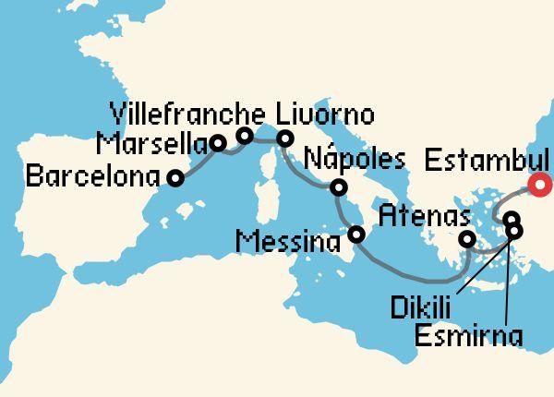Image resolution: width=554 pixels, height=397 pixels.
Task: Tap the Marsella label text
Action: point(151,145)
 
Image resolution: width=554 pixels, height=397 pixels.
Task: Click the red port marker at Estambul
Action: point(544,186)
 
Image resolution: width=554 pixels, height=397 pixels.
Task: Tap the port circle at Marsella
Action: point(217,143)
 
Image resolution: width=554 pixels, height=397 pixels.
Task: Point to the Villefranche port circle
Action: point(245,137)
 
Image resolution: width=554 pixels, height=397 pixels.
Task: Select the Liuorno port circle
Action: point(285,139)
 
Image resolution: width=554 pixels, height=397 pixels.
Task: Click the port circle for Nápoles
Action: point(339,188)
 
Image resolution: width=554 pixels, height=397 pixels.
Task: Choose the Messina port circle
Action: point(356,235)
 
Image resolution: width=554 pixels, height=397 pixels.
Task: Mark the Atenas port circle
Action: point(467,240)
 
